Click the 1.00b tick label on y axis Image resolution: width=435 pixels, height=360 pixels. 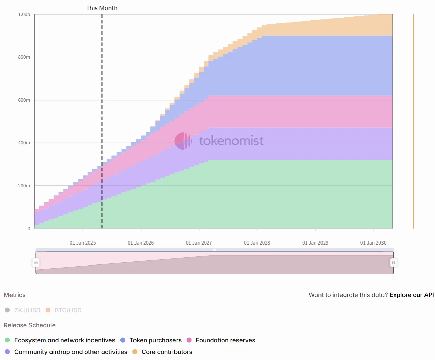24,14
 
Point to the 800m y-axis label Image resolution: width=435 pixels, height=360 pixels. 24,57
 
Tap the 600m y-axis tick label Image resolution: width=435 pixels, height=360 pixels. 24,100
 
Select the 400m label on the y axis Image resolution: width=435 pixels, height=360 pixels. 24,143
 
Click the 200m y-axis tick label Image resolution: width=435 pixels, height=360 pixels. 24,186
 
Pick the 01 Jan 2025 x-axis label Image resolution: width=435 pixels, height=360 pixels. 83,243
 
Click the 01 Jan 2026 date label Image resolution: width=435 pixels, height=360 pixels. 141,243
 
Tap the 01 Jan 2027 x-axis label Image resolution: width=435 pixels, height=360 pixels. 199,243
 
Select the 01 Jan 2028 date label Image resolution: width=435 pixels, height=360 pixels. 257,243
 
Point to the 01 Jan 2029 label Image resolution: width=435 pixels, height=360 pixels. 315,243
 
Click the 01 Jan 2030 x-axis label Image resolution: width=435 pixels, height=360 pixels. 373,243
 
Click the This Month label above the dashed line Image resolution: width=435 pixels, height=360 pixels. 102,8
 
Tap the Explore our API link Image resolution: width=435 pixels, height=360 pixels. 412,295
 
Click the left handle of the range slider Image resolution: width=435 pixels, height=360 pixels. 36,263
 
